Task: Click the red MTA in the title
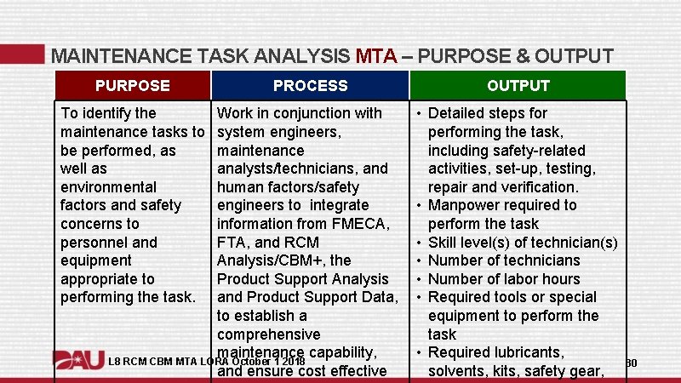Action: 376,57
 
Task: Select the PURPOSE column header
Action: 132,86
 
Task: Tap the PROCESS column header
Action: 310,86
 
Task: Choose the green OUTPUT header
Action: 518,86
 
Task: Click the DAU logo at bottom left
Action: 78,361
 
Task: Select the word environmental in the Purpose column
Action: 108,186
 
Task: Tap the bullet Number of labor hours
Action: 504,279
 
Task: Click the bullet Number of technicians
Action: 504,260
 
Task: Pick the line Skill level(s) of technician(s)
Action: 522,243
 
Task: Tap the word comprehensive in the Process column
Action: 269,334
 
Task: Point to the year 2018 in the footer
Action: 291,363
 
